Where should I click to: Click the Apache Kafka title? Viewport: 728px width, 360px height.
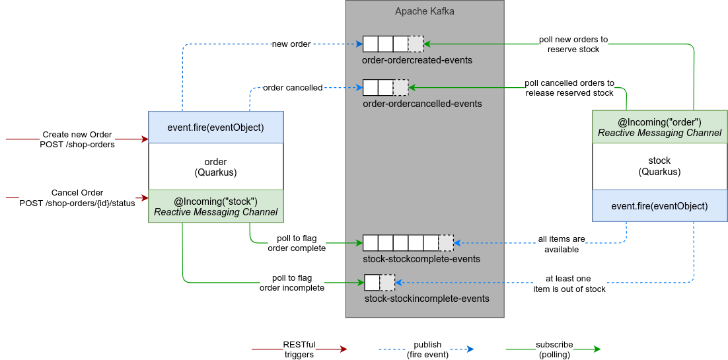[x=425, y=11]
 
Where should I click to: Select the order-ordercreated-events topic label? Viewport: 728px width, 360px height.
[x=417, y=60]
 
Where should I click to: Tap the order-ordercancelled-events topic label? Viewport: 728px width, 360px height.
[x=422, y=104]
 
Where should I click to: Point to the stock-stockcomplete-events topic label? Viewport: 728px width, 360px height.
[x=421, y=259]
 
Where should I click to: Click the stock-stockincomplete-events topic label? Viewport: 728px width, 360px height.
[x=427, y=299]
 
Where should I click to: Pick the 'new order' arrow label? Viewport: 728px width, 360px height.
[x=291, y=44]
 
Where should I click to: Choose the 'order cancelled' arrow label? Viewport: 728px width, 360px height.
[x=293, y=87]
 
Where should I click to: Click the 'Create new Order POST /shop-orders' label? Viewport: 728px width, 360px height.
[x=77, y=139]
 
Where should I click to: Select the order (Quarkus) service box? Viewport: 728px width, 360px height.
[x=215, y=166]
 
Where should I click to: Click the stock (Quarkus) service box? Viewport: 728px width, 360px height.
[x=659, y=166]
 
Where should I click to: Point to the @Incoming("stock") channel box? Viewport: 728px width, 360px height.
[x=215, y=207]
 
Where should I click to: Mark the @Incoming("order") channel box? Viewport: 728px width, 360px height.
[x=659, y=127]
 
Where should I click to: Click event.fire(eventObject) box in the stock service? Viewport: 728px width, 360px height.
[x=659, y=205]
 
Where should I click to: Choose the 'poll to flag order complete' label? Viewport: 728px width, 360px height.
[x=297, y=243]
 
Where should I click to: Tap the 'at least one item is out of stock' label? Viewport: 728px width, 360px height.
[x=569, y=283]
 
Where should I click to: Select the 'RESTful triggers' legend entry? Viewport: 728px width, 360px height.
[x=299, y=349]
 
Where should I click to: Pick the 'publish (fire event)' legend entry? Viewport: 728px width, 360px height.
[x=427, y=349]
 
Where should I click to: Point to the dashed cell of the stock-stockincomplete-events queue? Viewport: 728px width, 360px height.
[x=388, y=283]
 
